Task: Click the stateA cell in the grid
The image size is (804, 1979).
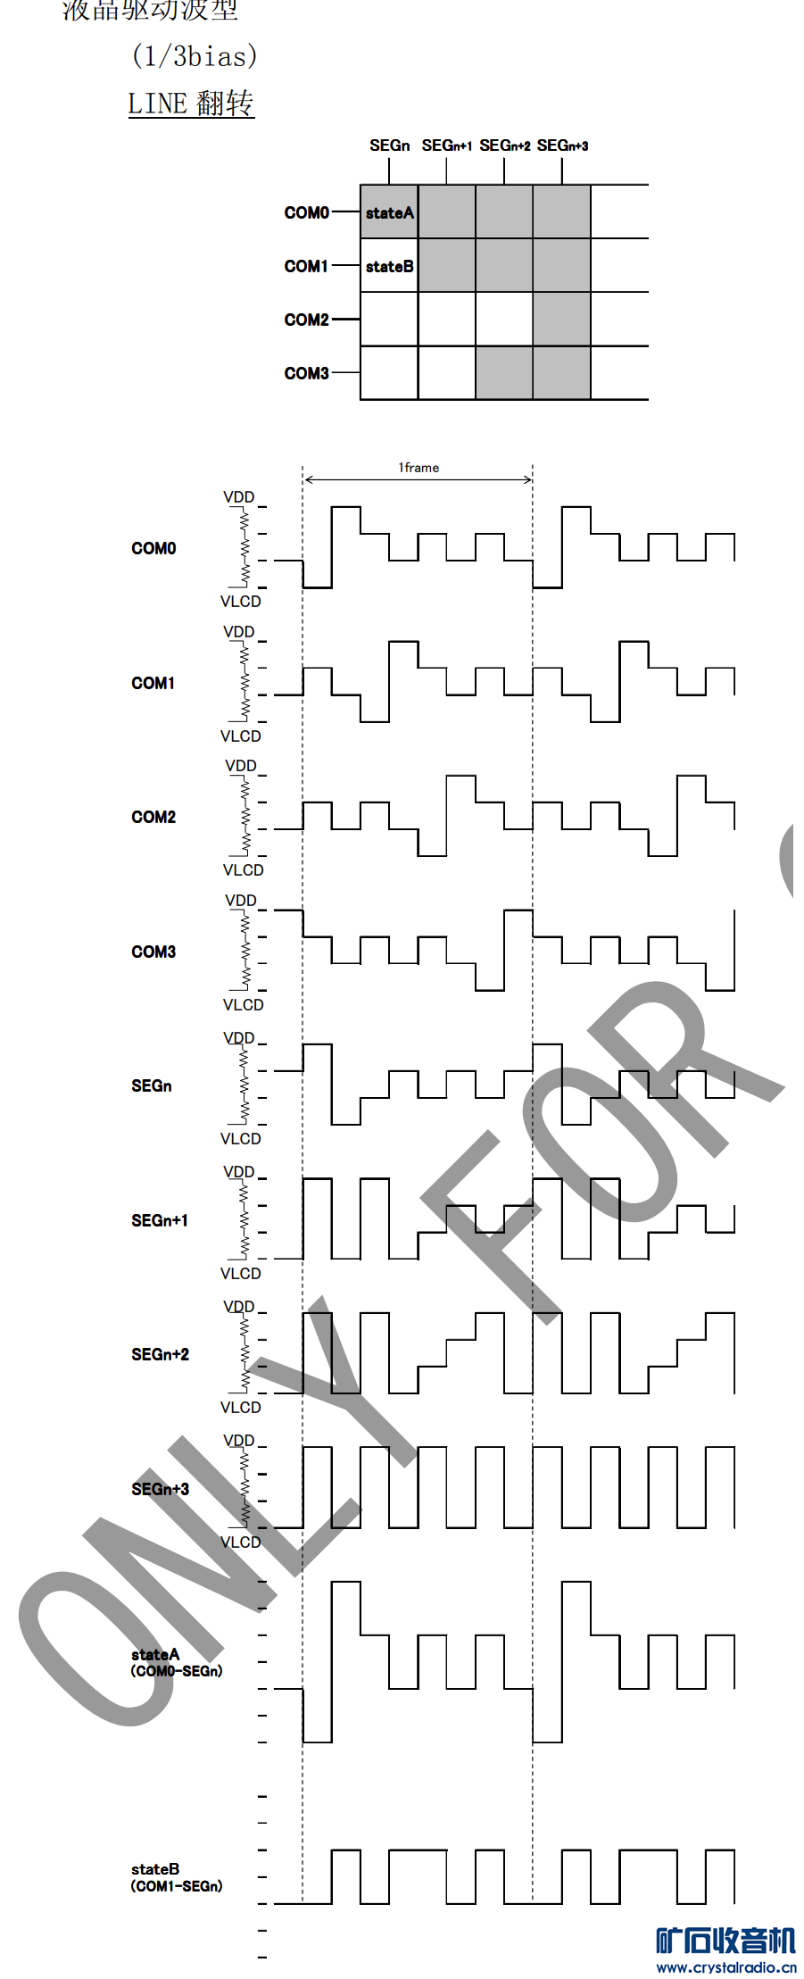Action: click(x=389, y=212)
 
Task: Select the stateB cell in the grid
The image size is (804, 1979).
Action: click(x=389, y=266)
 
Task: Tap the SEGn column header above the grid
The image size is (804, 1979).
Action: click(x=389, y=146)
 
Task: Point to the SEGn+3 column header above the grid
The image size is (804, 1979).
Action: click(x=562, y=146)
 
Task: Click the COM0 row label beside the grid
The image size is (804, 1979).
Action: click(x=306, y=212)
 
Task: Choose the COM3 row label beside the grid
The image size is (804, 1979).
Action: click(x=306, y=373)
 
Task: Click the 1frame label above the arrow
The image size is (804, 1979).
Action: click(x=419, y=468)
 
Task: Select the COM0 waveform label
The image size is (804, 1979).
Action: click(x=153, y=548)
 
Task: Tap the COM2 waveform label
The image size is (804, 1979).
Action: click(x=153, y=817)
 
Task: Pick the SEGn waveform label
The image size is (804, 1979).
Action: click(x=152, y=1085)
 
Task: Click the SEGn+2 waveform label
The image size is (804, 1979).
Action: click(x=160, y=1354)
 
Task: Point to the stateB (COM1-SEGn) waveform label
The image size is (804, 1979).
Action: click(x=176, y=1877)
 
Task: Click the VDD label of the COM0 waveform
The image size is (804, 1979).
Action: click(x=239, y=497)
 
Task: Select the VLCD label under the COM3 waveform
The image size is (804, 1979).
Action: click(x=243, y=1005)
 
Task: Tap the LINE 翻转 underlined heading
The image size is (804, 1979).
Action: click(x=191, y=104)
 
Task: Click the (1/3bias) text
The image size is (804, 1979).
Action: click(x=195, y=56)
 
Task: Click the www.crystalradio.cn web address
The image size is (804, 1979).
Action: click(x=726, y=1967)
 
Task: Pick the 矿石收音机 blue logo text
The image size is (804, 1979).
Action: click(x=725, y=1941)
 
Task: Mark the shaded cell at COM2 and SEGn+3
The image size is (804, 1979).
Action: click(x=561, y=319)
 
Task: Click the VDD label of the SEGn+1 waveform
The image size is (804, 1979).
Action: click(x=239, y=1172)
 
